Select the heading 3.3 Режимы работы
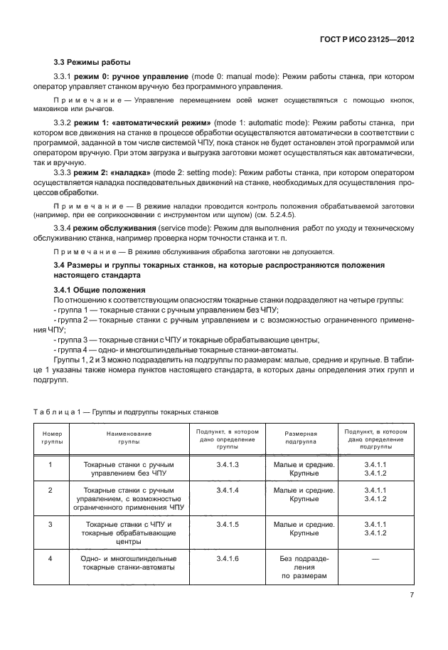[x=88, y=62]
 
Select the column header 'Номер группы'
[x=53, y=437]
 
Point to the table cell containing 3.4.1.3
[x=227, y=464]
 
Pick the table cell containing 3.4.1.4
[x=227, y=491]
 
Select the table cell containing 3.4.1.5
[x=227, y=524]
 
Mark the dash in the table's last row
[x=375, y=560]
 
